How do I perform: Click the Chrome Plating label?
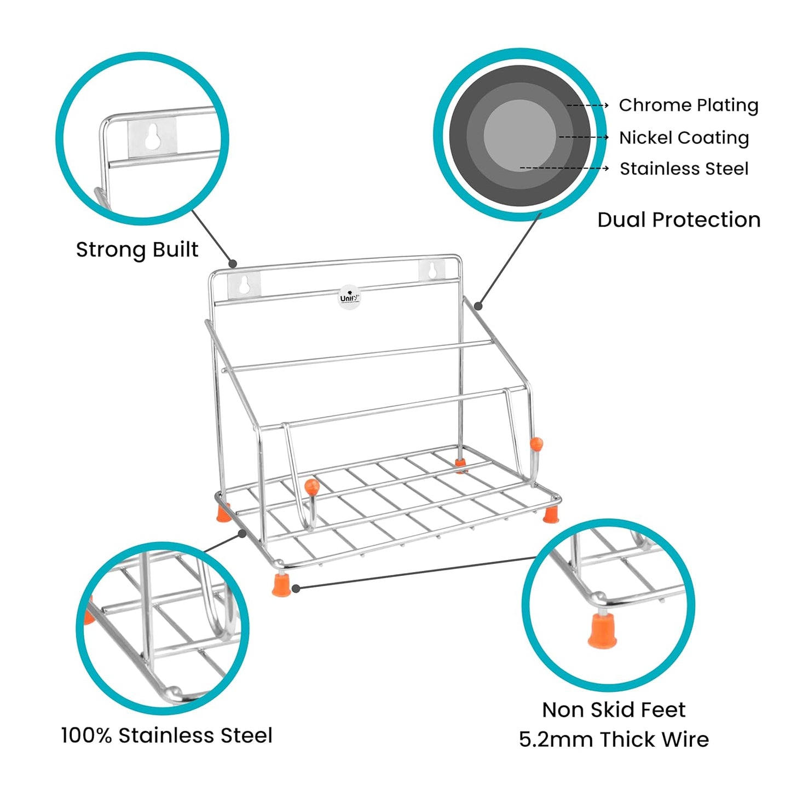point(688,105)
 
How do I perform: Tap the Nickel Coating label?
point(684,137)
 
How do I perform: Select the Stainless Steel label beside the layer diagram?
point(684,169)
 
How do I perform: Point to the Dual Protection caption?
point(679,220)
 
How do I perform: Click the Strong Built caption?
point(137,250)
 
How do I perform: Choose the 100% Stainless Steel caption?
point(166,735)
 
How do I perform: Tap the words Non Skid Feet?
point(613,709)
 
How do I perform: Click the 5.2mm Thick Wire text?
point(613,740)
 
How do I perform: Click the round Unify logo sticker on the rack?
point(349,297)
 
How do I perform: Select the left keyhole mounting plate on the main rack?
point(244,285)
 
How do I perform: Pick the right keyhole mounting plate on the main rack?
point(432,270)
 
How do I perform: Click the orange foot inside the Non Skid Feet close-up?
point(602,631)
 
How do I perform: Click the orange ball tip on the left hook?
point(311,484)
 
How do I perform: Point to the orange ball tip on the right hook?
point(536,442)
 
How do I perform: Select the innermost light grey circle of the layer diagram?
point(519,135)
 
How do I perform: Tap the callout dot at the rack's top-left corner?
point(233,264)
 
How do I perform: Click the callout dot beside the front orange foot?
point(296,588)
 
